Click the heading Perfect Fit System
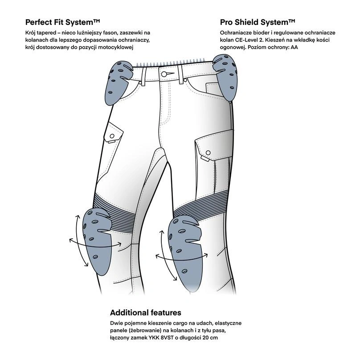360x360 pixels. [62, 22]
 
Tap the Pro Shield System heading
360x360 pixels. [258, 22]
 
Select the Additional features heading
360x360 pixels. [145, 312]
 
